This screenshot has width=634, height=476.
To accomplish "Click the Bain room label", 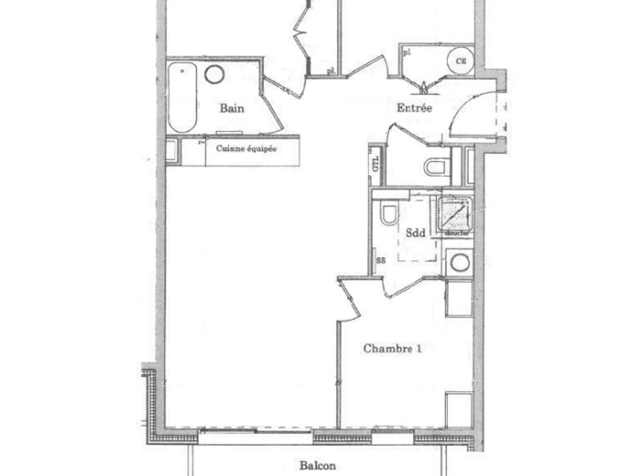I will pyautogui.click(x=232, y=108).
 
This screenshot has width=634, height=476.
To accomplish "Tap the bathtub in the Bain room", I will pyautogui.click(x=182, y=97).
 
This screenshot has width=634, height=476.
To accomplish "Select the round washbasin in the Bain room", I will pyautogui.click(x=215, y=74).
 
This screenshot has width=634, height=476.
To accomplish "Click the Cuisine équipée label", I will pyautogui.click(x=246, y=149).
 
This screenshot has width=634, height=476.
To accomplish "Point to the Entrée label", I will pyautogui.click(x=414, y=108).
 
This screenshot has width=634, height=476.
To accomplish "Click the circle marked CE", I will pyautogui.click(x=461, y=61).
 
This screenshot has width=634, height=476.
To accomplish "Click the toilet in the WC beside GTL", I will pyautogui.click(x=436, y=167).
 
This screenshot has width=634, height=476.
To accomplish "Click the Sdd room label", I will pyautogui.click(x=415, y=233).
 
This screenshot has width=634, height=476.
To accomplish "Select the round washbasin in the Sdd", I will pyautogui.click(x=459, y=262).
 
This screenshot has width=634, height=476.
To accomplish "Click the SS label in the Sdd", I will pyautogui.click(x=379, y=260).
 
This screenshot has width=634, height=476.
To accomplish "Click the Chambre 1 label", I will pyautogui.click(x=392, y=349).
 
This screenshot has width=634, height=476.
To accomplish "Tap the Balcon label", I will pyautogui.click(x=317, y=466).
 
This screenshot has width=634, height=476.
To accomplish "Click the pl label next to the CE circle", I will pyautogui.click(x=406, y=52).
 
